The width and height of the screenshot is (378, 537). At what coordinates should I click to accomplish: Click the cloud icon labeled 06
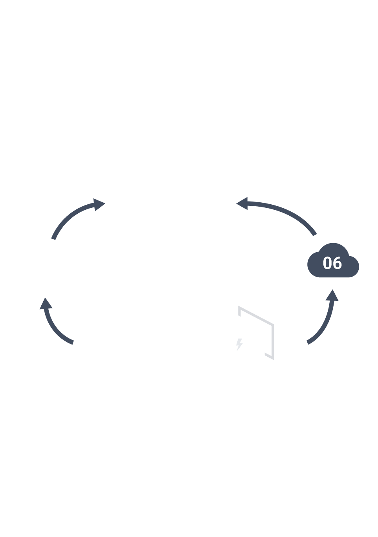tap(333, 262)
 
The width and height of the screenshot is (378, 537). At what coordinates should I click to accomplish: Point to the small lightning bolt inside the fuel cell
tap(239, 345)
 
